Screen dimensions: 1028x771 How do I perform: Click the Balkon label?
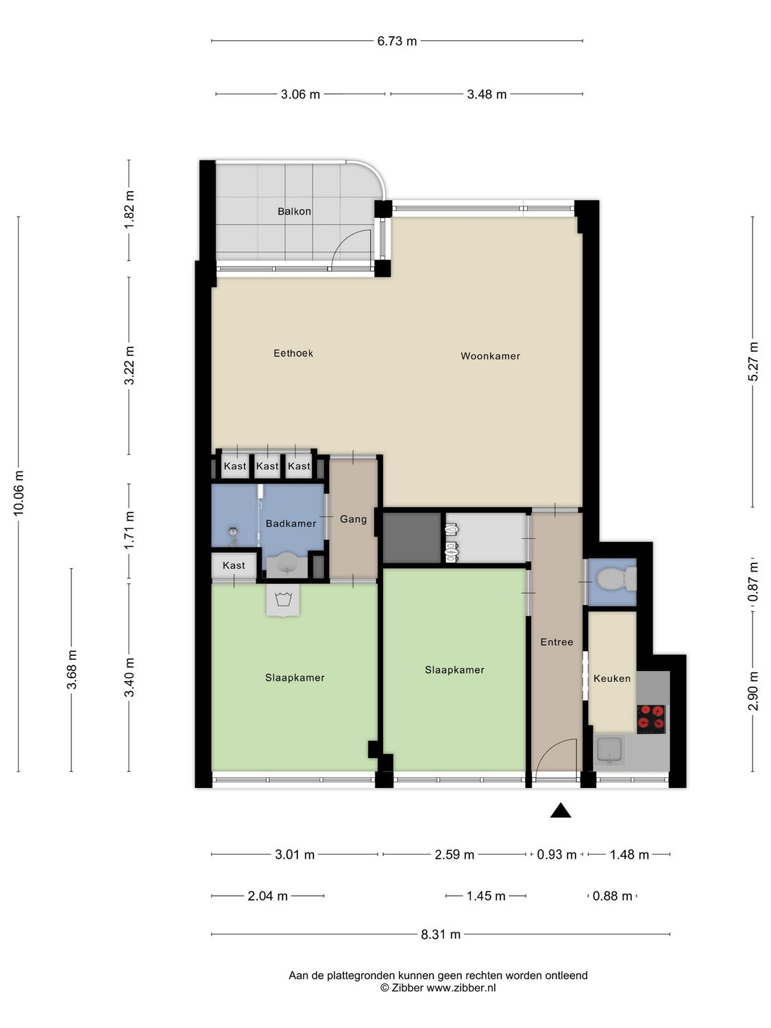(294, 211)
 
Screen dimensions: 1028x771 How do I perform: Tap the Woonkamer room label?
(490, 356)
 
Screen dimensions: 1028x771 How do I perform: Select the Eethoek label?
(293, 353)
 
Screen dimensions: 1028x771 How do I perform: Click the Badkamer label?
(291, 524)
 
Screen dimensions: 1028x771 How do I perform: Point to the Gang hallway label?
(353, 519)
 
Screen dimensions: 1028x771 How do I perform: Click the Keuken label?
(611, 678)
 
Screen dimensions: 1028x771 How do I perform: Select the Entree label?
(556, 642)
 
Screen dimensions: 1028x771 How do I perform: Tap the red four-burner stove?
(651, 718)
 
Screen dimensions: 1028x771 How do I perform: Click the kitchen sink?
(609, 750)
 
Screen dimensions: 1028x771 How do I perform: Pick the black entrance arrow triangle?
(561, 811)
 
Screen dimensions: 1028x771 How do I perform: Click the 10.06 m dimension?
(19, 493)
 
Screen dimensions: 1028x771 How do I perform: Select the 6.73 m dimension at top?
(397, 41)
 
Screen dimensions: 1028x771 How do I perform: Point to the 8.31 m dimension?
(441, 934)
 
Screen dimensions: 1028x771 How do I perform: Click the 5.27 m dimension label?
(753, 361)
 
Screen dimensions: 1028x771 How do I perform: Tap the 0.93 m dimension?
(556, 855)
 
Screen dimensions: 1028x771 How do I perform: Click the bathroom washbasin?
(284, 565)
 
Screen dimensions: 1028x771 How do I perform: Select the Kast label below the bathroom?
(234, 565)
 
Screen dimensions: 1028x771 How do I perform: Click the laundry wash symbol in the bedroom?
(283, 600)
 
